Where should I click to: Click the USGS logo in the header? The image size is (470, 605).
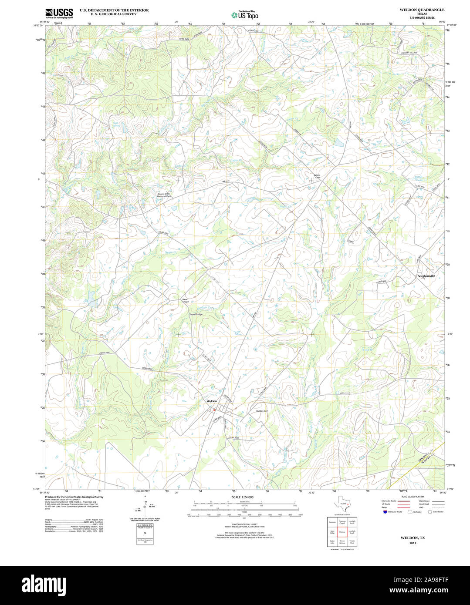[x=59, y=13]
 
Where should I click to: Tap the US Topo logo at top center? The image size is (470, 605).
[x=245, y=15]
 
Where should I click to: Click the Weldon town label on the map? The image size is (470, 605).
[x=212, y=401]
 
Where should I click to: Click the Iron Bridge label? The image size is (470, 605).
[x=196, y=314]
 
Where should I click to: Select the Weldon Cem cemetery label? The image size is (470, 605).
[x=262, y=411]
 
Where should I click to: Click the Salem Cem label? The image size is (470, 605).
[x=317, y=176]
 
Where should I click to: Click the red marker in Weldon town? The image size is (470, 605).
[x=214, y=410]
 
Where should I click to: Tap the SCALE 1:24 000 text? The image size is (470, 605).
[x=243, y=497]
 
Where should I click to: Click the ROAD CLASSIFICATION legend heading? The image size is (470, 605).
[x=413, y=497]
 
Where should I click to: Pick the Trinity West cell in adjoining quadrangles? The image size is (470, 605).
[x=352, y=542]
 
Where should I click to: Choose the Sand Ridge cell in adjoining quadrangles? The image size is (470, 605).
[x=332, y=532]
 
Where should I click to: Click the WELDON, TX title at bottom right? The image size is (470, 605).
[x=413, y=538]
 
